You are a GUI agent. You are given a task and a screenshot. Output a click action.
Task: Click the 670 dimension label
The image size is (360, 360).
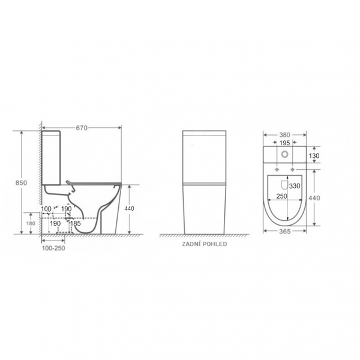click(82, 128)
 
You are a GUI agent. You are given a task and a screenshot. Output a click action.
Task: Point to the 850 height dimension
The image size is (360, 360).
click(21, 183)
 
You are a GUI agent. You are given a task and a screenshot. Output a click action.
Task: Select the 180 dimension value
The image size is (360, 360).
click(31, 223)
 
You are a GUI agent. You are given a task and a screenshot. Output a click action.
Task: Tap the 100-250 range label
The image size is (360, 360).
click(53, 248)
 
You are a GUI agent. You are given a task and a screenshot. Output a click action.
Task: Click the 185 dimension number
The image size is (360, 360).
click(76, 223)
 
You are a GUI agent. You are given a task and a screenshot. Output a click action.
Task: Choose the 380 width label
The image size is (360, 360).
click(284, 135)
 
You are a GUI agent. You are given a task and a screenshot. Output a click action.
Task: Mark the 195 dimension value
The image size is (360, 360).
click(284, 143)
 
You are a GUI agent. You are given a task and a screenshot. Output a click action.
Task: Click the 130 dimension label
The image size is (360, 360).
click(314, 156)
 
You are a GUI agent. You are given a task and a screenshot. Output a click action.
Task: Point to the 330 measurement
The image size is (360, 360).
click(295, 186)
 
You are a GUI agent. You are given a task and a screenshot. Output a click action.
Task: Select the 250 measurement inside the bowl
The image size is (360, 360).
click(282, 196)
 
